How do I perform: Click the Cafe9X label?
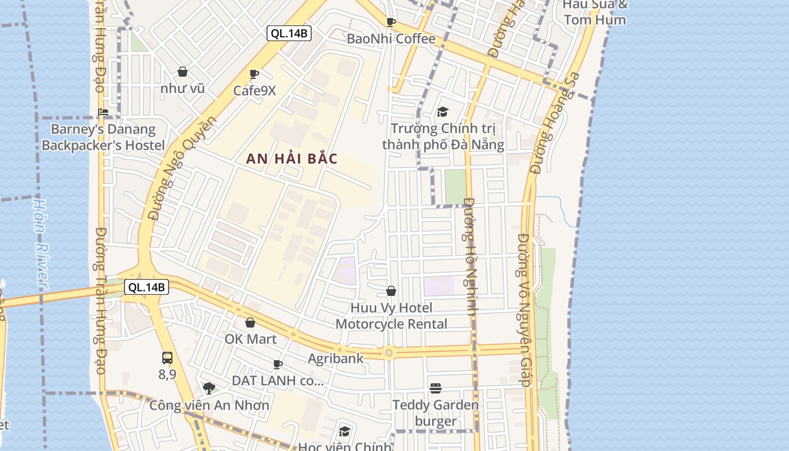pyautogui.click(x=255, y=90)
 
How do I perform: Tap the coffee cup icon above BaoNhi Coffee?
pyautogui.click(x=391, y=23)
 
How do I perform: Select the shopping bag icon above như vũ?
pyautogui.click(x=183, y=72)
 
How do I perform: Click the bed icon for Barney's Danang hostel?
pyautogui.click(x=103, y=112)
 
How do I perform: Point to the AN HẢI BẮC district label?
pyautogui.click(x=292, y=159)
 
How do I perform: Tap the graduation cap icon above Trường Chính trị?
pyautogui.click(x=442, y=112)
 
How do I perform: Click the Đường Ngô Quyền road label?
pyautogui.click(x=181, y=168)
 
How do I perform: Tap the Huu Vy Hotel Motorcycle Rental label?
pyautogui.click(x=391, y=316)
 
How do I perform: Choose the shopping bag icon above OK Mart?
pyautogui.click(x=250, y=322)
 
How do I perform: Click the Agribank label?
pyautogui.click(x=336, y=359)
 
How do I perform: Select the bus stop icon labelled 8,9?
pyautogui.click(x=167, y=357)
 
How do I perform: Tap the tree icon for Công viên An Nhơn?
pyautogui.click(x=209, y=388)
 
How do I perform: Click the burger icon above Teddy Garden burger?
pyautogui.click(x=435, y=388)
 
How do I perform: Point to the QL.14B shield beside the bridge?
pyautogui.click(x=147, y=287)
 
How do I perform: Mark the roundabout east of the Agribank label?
pyautogui.click(x=388, y=353)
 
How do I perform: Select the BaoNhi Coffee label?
pyautogui.click(x=391, y=39)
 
